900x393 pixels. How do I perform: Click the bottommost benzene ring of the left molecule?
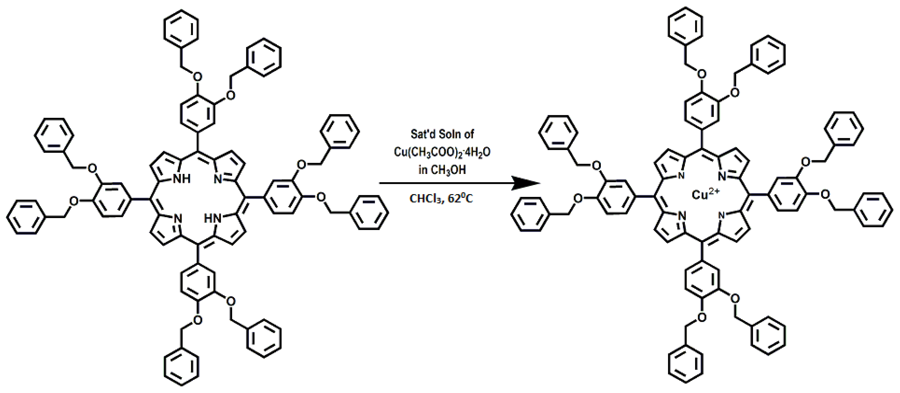tap(182, 369)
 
